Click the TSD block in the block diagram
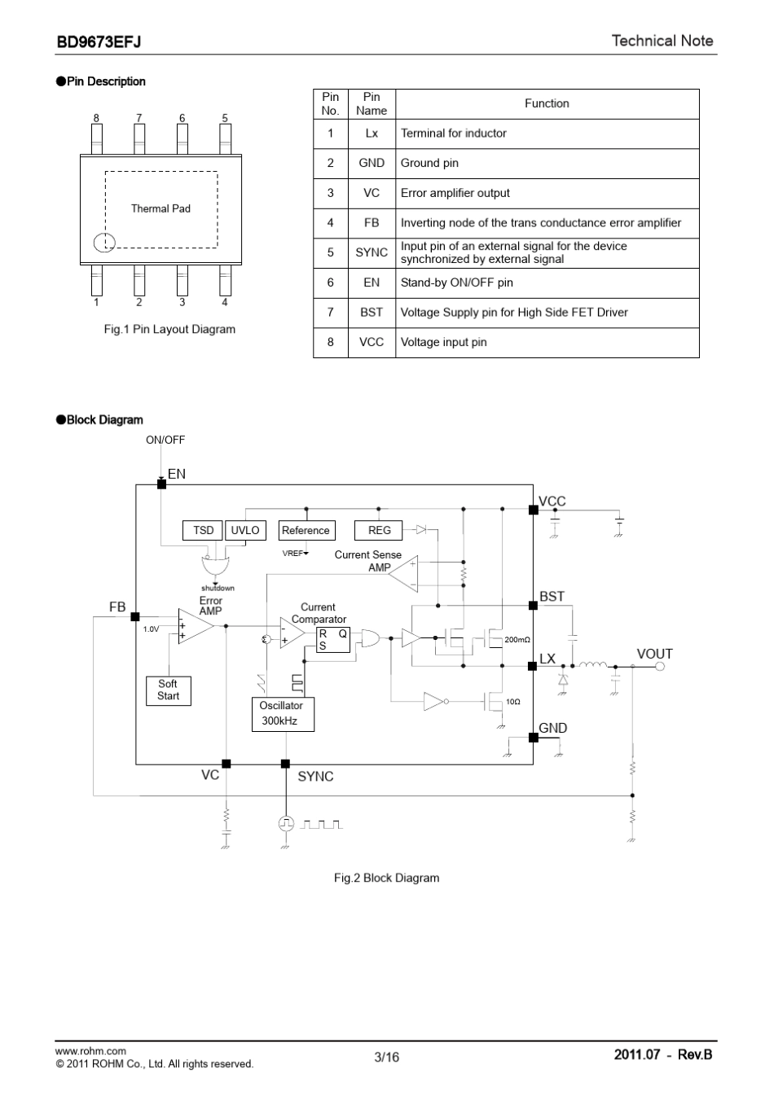(x=203, y=530)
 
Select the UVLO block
(x=245, y=530)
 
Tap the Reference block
(x=307, y=530)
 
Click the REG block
(x=378, y=530)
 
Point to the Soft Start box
(x=169, y=690)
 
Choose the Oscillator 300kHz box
(x=283, y=714)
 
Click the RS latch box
(x=333, y=639)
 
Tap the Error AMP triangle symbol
(x=196, y=626)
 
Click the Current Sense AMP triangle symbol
(x=403, y=573)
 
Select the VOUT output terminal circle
(x=660, y=666)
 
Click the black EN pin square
(x=161, y=484)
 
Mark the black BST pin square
(x=534, y=606)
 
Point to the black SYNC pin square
(x=285, y=764)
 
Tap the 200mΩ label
(x=517, y=639)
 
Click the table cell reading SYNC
(x=372, y=252)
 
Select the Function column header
(x=547, y=103)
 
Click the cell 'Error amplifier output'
(x=455, y=193)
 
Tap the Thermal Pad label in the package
(x=161, y=208)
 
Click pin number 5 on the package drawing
(x=225, y=118)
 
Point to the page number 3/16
(x=386, y=1057)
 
